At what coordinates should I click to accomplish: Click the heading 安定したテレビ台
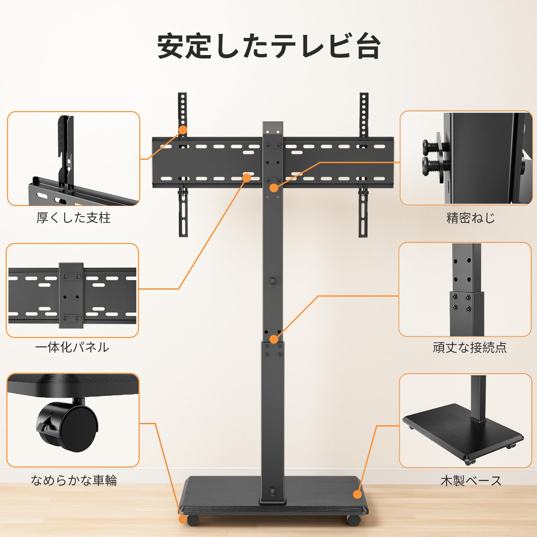269,46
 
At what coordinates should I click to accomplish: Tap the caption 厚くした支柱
74,218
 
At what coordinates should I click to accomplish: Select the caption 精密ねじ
471,218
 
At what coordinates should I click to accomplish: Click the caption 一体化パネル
72,347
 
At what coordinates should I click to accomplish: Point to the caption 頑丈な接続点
470,347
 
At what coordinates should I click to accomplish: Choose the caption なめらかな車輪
74,480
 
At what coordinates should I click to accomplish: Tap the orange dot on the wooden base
358,494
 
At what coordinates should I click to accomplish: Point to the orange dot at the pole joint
274,339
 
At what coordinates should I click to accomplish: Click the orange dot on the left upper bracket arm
183,130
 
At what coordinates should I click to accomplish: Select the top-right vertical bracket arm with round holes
364,114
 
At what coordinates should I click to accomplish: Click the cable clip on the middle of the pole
273,281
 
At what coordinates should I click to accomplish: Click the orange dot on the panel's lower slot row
247,178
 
